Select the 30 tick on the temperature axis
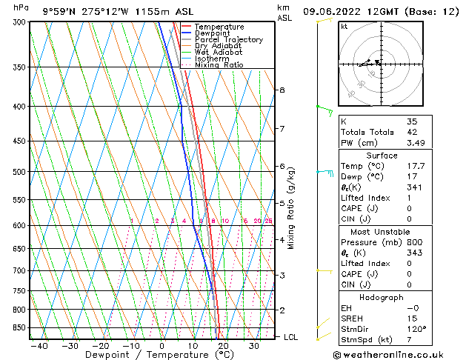[x=253, y=345]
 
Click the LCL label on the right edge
[x=291, y=337]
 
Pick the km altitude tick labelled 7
[x=282, y=129]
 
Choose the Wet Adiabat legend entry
[x=219, y=53]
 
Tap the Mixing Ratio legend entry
[x=219, y=65]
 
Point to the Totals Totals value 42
[x=412, y=132]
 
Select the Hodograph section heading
[x=382, y=297]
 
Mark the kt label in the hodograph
[x=344, y=27]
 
